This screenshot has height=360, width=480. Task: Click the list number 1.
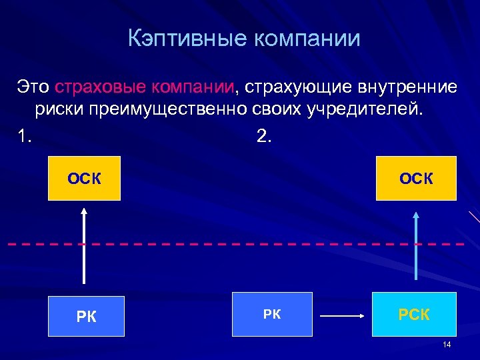pos(24,136)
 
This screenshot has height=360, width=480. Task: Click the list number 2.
pos(263,136)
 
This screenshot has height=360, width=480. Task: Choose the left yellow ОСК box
pos(84,178)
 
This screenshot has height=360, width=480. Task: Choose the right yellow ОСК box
pos(416,178)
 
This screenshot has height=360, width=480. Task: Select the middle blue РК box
pos(272,313)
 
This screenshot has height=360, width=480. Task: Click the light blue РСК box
pos(414,314)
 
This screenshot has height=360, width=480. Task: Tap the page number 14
pos(446,344)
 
